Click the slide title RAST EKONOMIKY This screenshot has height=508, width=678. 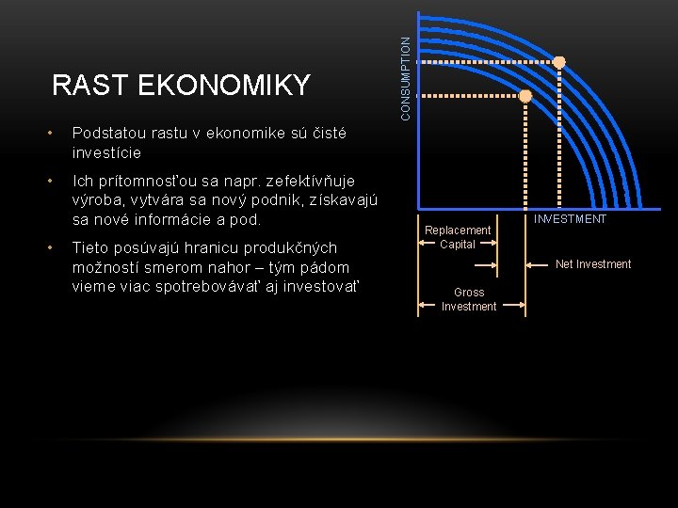(x=181, y=86)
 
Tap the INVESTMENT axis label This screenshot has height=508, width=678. (x=571, y=219)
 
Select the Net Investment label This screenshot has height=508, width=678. (x=593, y=264)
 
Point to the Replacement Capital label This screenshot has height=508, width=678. (x=458, y=237)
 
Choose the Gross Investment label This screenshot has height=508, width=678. (x=469, y=299)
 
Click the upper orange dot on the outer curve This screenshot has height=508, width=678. (x=559, y=61)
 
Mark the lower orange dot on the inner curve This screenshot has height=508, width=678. (x=525, y=96)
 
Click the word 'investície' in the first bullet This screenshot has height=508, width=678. (x=105, y=152)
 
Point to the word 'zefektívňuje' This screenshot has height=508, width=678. (x=310, y=181)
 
